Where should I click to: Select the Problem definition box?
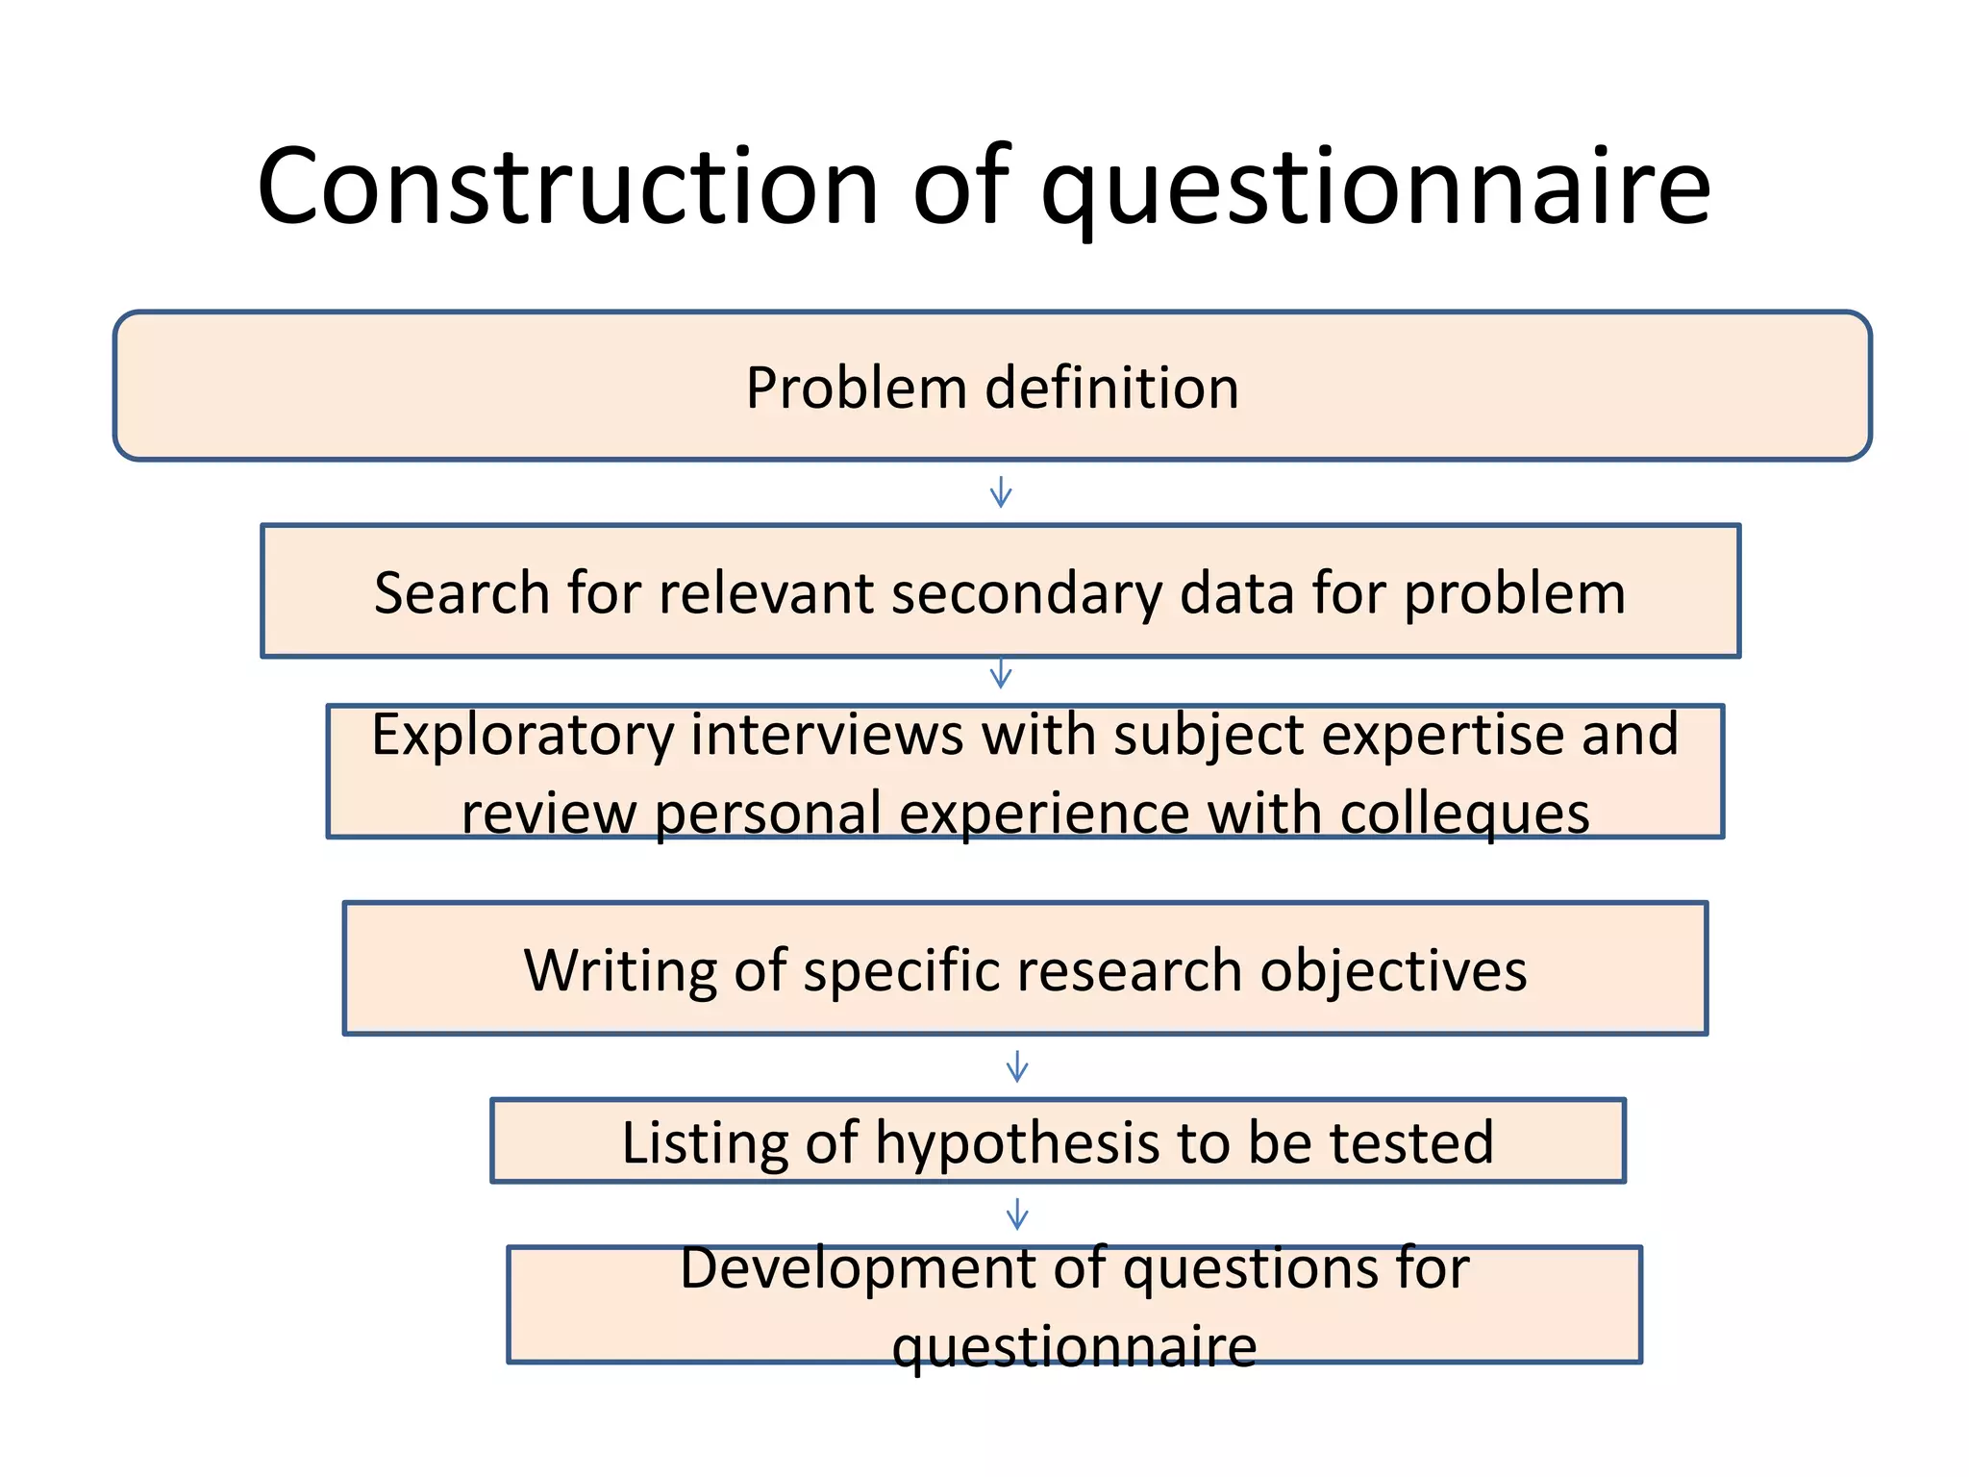click(992, 387)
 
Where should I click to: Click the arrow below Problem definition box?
click(1001, 492)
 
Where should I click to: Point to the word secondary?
click(1027, 592)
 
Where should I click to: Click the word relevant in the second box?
click(764, 592)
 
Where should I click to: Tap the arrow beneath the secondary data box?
click(1001, 673)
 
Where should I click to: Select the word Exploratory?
click(522, 736)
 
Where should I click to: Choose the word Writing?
click(620, 969)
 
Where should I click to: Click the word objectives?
click(1393, 969)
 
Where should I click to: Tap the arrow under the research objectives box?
click(1017, 1066)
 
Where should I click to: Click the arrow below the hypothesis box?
click(1017, 1214)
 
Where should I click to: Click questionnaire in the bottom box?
click(1074, 1346)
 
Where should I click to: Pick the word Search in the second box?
click(461, 592)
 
